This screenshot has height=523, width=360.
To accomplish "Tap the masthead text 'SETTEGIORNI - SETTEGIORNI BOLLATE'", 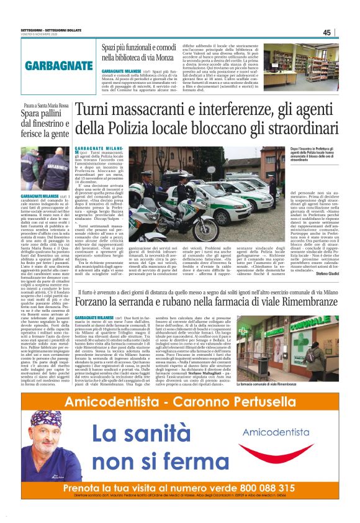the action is coord(34,29).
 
